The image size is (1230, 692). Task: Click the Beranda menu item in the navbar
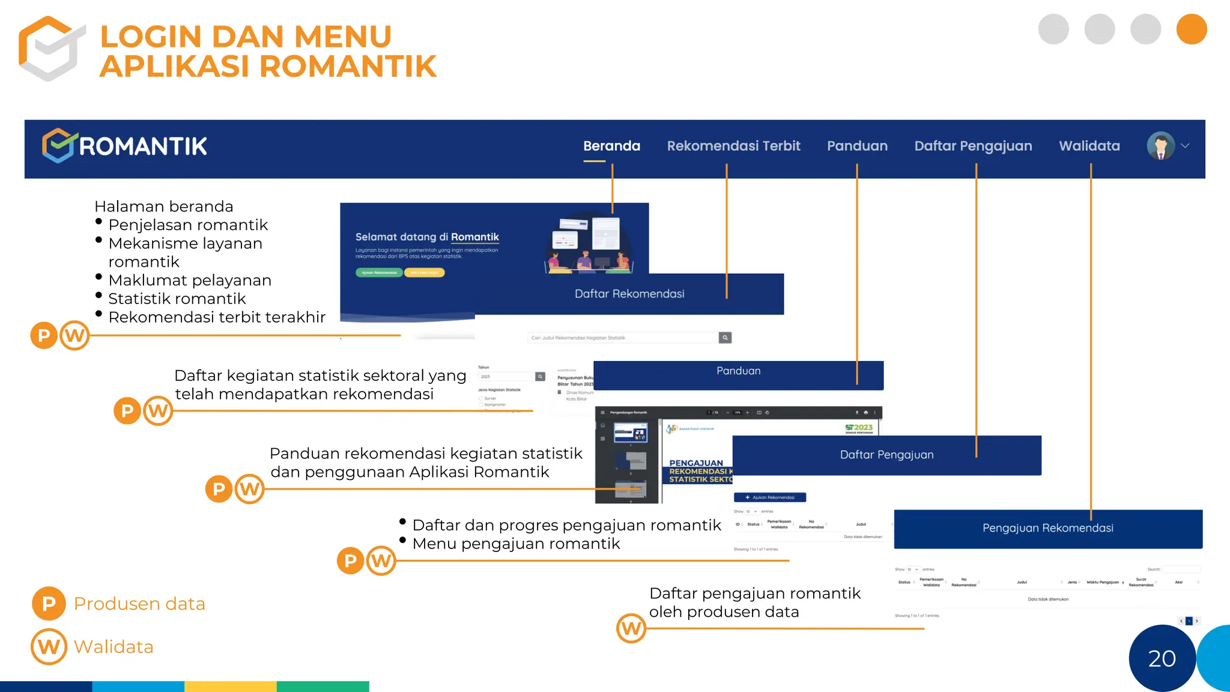click(611, 146)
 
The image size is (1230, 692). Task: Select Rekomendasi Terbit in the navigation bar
click(733, 146)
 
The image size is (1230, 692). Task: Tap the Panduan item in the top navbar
click(857, 146)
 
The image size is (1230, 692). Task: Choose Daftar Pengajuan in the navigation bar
click(973, 146)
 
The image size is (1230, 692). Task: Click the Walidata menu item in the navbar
click(1089, 146)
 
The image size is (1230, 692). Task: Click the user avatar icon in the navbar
click(1161, 146)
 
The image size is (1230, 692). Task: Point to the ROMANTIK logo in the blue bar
click(125, 146)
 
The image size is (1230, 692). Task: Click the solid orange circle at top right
click(1192, 29)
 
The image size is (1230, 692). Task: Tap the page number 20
click(1162, 659)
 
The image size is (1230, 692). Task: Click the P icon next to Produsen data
click(49, 604)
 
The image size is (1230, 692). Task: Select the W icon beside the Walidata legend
click(49, 646)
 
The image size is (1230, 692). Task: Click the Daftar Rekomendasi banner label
click(629, 294)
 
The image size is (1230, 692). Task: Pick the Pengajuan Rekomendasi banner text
click(1047, 528)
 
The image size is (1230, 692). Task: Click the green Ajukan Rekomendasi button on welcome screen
click(379, 273)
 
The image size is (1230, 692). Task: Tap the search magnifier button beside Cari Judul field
click(725, 338)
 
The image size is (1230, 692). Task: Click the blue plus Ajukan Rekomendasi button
click(769, 497)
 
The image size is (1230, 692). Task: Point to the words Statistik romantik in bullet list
click(177, 299)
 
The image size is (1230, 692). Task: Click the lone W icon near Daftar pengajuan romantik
click(631, 628)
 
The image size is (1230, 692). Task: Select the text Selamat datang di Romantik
click(427, 237)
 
